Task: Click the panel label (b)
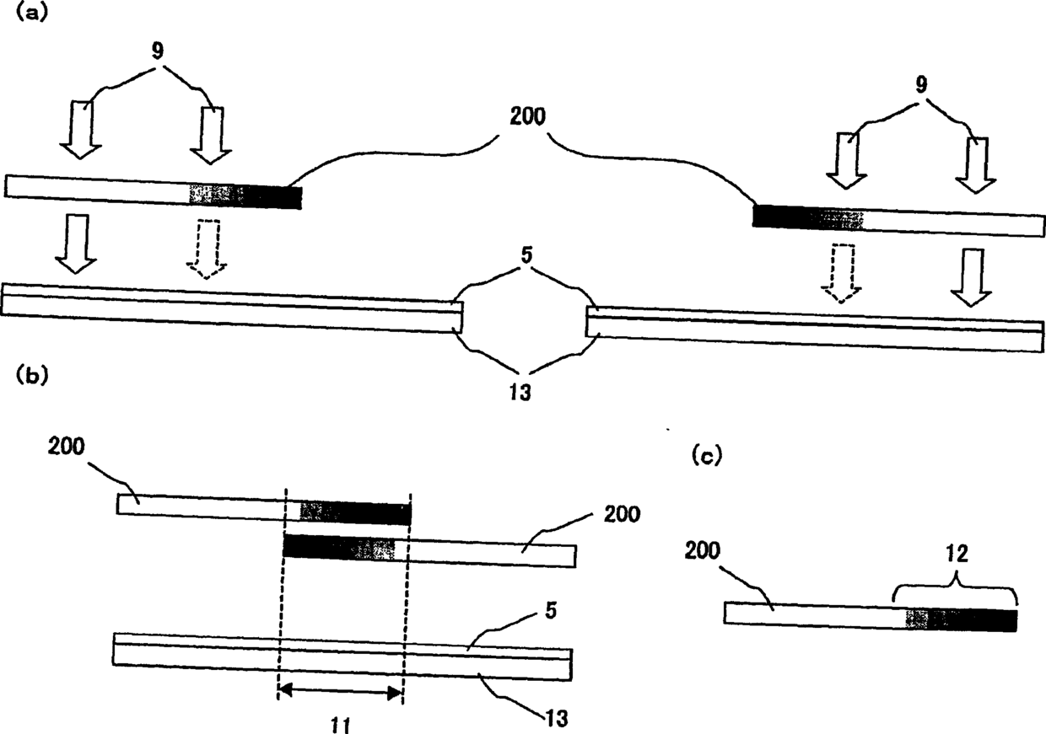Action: point(32,377)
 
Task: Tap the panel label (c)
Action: point(706,456)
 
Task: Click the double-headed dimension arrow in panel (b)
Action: point(340,692)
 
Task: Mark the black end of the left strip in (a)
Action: point(268,197)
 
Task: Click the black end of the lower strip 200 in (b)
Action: point(316,547)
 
